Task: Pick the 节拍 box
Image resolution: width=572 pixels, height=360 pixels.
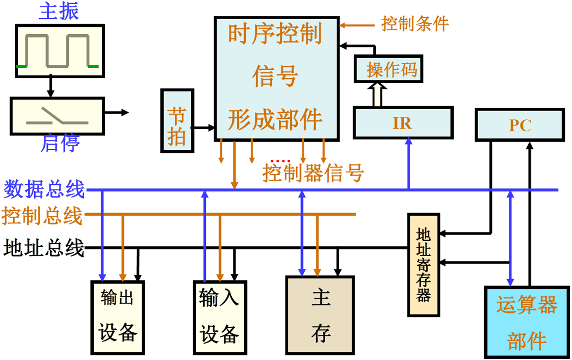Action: click(177, 121)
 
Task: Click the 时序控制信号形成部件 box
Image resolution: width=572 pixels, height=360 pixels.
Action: click(276, 78)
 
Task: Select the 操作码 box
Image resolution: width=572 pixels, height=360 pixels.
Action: click(392, 70)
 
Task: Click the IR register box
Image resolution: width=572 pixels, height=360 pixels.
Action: click(403, 123)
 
